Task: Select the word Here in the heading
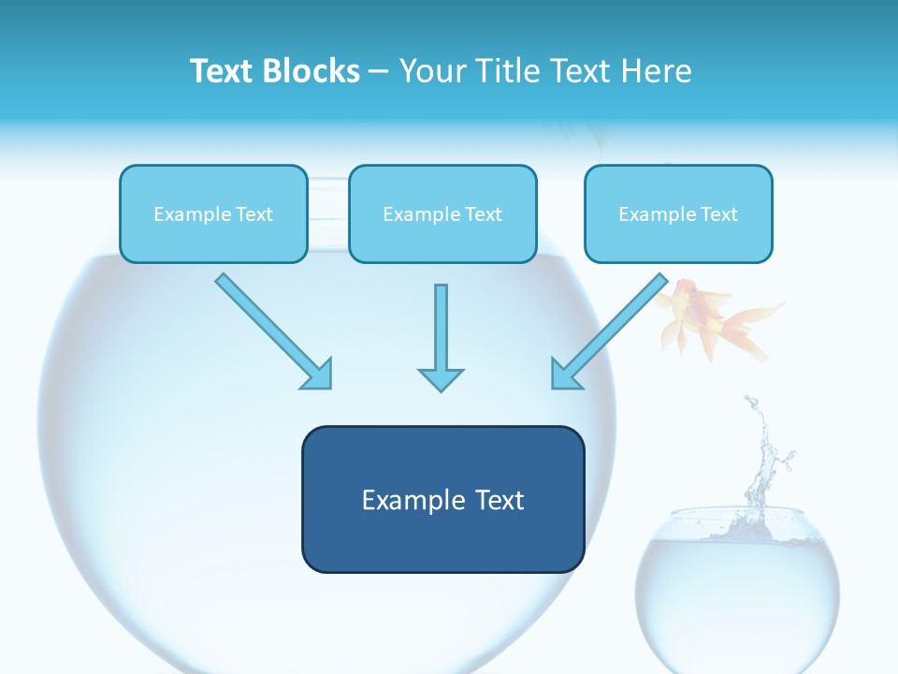(x=658, y=71)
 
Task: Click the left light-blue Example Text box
(x=213, y=213)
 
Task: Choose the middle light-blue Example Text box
(x=442, y=213)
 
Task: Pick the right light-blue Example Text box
(x=678, y=213)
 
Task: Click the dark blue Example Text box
(x=442, y=499)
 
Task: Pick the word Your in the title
(x=428, y=71)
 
